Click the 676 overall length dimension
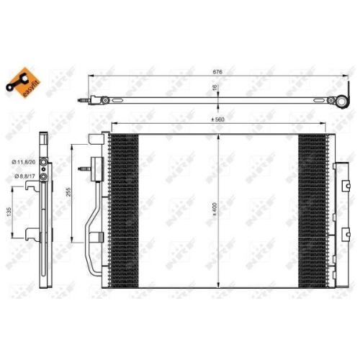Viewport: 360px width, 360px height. tap(217, 71)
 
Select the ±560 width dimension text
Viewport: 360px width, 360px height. tap(217, 120)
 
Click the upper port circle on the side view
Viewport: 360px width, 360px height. tap(44, 163)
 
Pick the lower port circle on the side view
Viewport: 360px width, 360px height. tap(44, 175)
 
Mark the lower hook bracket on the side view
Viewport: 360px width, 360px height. tap(30, 232)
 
